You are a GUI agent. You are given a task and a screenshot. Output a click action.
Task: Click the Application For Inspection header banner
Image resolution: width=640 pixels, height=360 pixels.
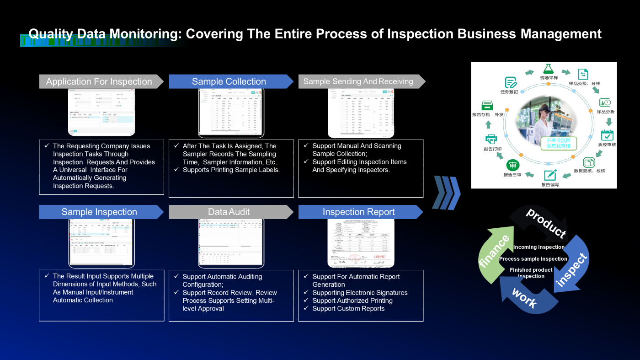[99, 81]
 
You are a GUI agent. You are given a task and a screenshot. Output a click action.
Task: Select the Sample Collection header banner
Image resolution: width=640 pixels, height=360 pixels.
[229, 81]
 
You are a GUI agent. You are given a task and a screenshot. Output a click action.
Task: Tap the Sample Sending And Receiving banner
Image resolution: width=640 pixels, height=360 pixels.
[358, 81]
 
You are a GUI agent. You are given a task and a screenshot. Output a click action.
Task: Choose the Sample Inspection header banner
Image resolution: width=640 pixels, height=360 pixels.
[99, 212]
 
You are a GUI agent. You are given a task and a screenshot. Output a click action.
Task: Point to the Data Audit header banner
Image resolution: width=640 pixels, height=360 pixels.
[229, 212]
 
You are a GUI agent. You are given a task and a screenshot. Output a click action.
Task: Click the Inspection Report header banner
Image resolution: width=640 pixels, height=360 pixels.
[359, 212]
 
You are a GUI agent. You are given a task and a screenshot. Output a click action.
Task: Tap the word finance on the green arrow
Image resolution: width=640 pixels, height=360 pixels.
[494, 252]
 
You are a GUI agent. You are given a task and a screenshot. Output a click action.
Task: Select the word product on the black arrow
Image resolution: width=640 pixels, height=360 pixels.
[546, 223]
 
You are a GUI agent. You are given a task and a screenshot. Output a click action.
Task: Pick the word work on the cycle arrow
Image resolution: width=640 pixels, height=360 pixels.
[524, 298]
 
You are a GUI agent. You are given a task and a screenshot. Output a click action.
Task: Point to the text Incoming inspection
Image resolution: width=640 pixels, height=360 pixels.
[539, 247]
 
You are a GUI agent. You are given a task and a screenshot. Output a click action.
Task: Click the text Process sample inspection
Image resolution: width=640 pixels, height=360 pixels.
[533, 259]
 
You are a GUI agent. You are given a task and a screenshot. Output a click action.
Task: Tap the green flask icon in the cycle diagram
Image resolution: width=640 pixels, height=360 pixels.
[549, 69]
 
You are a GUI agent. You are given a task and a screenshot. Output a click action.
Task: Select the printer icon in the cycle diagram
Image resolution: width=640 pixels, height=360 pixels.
[491, 139]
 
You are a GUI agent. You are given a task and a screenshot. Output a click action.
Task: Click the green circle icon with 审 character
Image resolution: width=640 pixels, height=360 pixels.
[512, 166]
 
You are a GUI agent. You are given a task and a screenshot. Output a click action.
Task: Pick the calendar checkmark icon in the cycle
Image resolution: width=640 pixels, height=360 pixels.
[607, 135]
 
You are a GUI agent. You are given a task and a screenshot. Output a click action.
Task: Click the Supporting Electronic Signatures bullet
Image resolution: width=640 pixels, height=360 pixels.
[360, 293]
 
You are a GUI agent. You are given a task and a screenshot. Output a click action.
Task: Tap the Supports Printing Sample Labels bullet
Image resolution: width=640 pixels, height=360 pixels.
[231, 170]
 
